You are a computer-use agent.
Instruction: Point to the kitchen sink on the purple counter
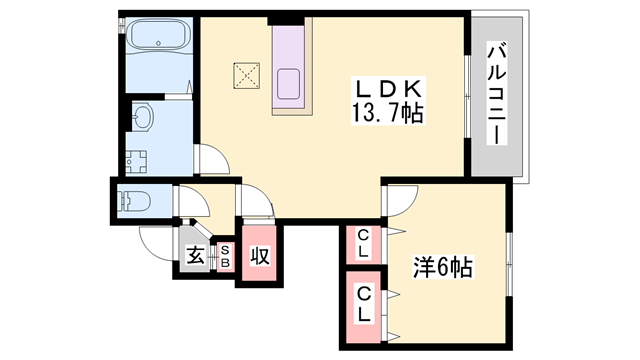[291, 84]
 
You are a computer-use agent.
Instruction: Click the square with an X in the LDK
[246, 74]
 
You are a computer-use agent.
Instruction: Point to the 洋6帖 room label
[443, 267]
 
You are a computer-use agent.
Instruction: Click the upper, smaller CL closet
[363, 243]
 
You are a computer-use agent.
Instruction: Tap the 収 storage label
[259, 256]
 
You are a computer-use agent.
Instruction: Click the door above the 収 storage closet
[256, 205]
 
